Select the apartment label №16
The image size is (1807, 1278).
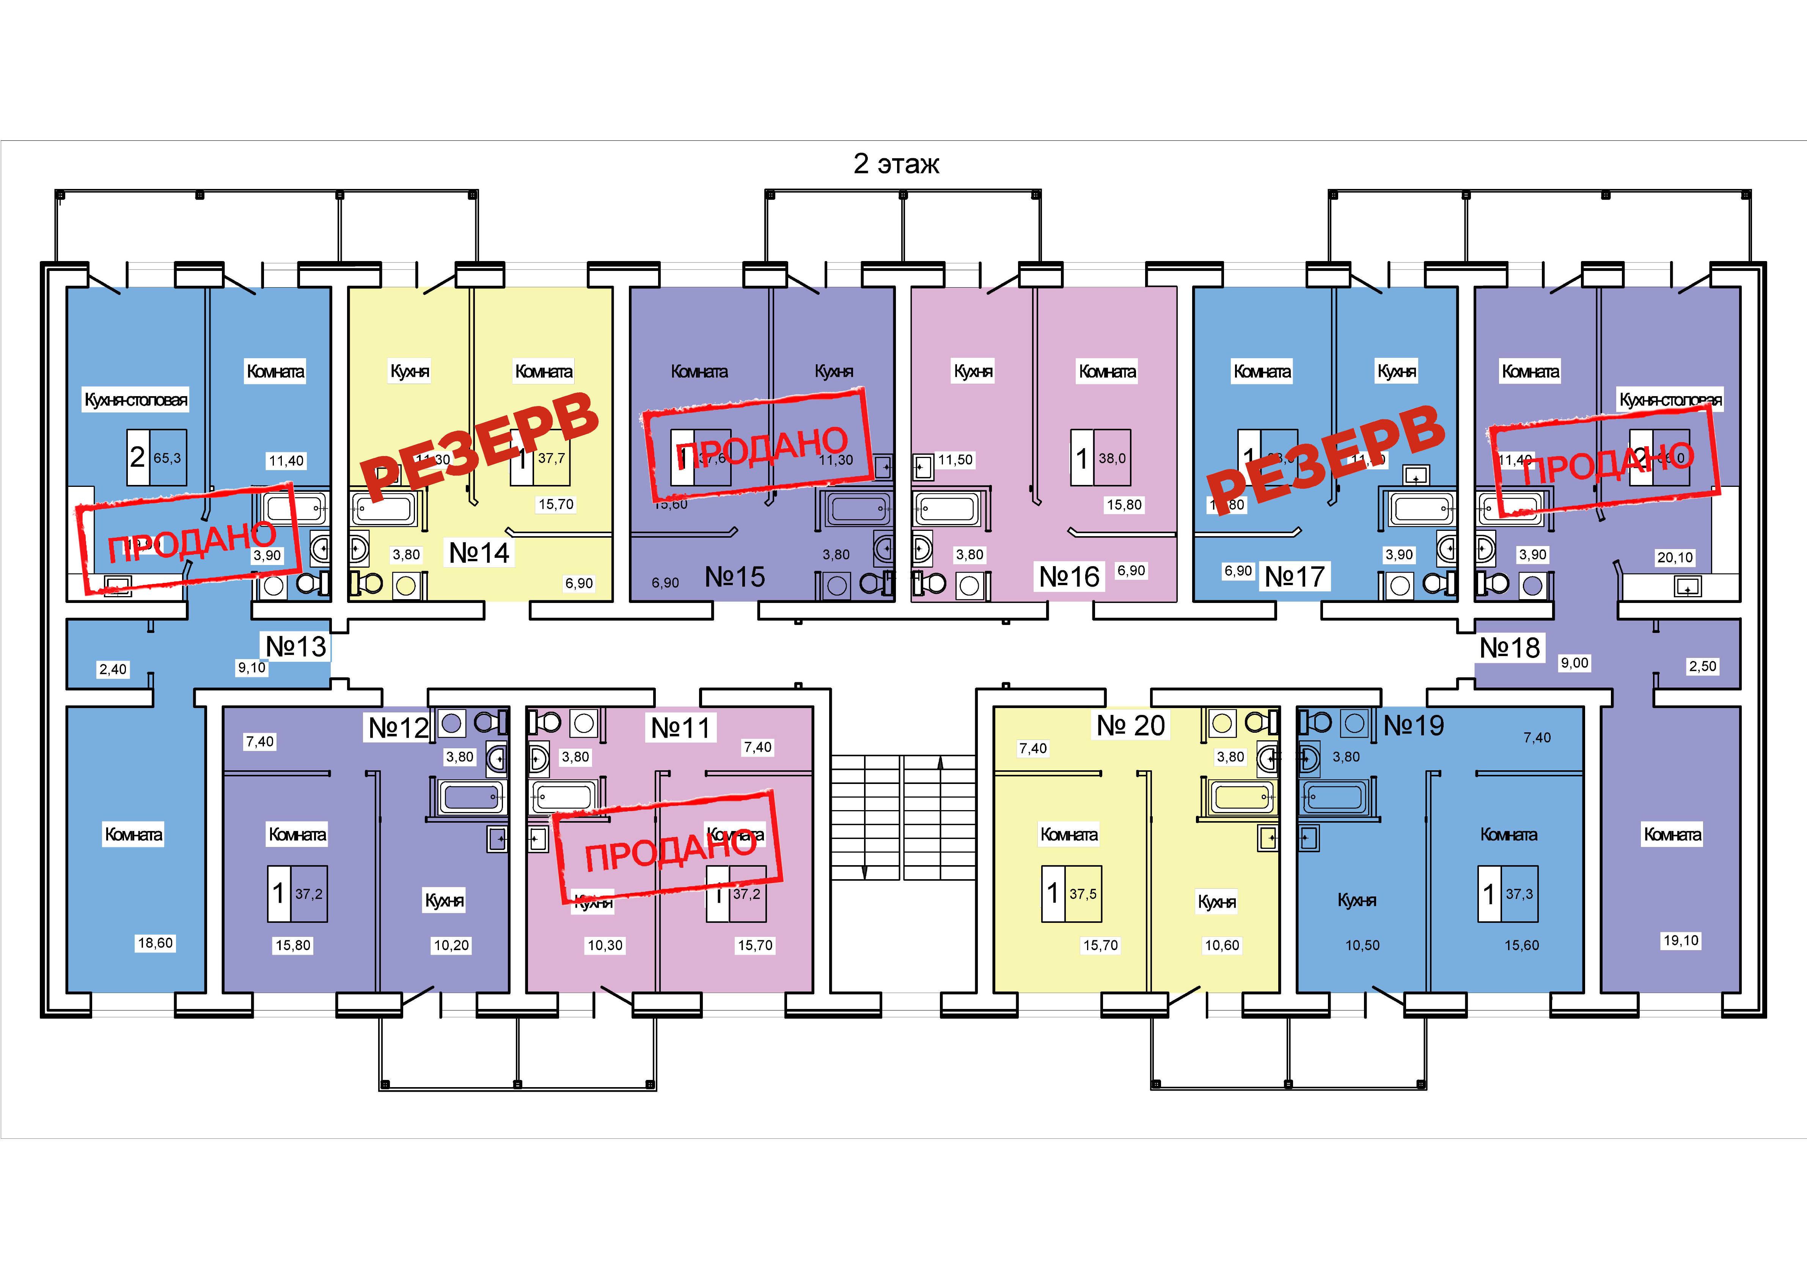coord(1069,577)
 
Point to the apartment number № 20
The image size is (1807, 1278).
coord(1131,725)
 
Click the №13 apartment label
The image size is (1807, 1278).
coord(295,647)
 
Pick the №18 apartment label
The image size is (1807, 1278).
coord(1509,648)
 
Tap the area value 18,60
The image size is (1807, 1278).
coord(155,943)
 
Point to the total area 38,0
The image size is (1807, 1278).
coord(1112,458)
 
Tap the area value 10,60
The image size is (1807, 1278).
coord(1221,945)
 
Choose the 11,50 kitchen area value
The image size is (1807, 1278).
coord(955,460)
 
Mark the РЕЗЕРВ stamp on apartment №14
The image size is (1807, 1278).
coord(479,445)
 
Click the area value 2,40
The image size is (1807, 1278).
coord(113,669)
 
